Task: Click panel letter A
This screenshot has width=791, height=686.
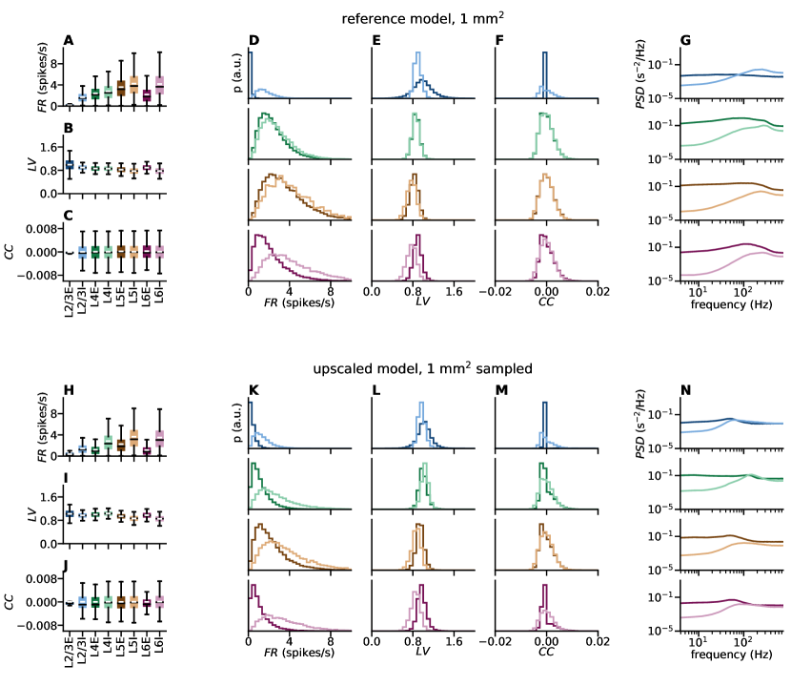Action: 68,40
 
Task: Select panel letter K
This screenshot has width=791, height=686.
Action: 254,391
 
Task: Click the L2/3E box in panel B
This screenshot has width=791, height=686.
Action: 70,165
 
